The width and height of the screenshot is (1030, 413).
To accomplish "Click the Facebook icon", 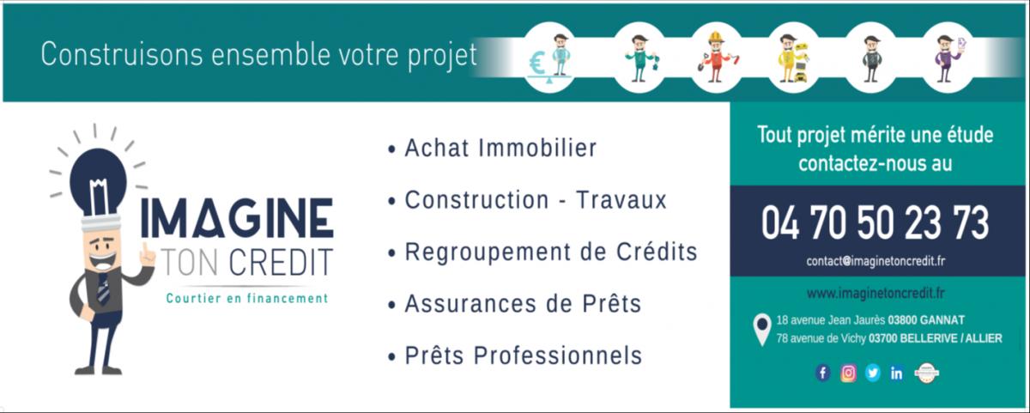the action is (x=822, y=373).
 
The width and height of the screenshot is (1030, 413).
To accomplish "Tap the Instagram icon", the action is (x=848, y=373).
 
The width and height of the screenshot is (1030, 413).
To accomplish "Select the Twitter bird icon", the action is (x=872, y=373).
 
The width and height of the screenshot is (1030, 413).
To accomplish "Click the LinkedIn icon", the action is (x=896, y=373).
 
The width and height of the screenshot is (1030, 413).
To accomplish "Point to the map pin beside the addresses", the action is (x=762, y=330).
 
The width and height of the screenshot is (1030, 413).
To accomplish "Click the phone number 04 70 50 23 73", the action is (x=875, y=223).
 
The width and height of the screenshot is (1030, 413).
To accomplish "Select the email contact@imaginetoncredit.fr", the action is (x=875, y=261).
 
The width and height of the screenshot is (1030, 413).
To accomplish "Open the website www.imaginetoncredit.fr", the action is (x=875, y=293).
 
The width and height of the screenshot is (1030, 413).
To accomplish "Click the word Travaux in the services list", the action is (x=621, y=200).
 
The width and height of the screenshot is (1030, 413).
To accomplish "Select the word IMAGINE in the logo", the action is (x=237, y=218).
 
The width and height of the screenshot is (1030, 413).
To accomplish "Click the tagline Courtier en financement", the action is (x=247, y=298).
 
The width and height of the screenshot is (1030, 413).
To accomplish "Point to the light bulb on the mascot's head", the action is (x=98, y=182).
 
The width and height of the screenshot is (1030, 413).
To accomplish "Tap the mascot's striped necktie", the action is (x=104, y=288).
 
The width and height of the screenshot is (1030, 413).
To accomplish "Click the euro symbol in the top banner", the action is (x=536, y=63).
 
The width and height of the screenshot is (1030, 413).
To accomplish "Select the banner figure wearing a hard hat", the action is (x=716, y=58).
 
